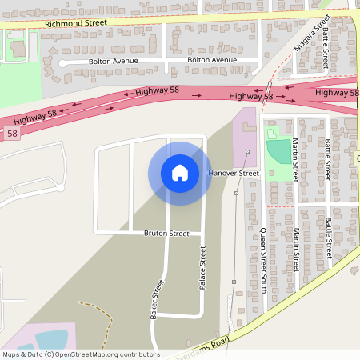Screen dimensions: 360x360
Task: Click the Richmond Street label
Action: coord(76,24)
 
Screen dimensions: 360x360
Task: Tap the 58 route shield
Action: coord(11,134)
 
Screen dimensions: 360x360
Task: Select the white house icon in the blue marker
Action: coord(180,173)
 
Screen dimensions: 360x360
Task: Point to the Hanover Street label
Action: coord(234,173)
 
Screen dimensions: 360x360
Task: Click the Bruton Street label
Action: coord(166,234)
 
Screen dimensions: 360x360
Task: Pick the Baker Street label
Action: coord(157,300)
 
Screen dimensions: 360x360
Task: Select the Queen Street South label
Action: coord(263,260)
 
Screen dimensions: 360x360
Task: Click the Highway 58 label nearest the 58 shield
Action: coord(40,118)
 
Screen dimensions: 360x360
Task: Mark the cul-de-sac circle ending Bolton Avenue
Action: coord(63,62)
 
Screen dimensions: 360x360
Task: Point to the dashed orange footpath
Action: coord(100,308)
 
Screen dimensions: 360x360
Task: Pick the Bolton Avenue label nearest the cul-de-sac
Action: coord(114,61)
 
